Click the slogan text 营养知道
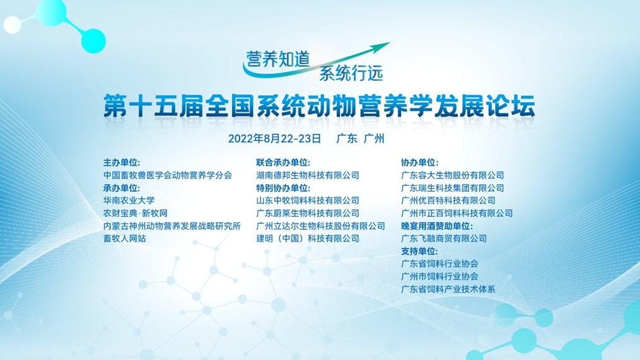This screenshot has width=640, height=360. point(277,60)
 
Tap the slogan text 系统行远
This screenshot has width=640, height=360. point(351,73)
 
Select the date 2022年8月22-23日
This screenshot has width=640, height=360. point(275,139)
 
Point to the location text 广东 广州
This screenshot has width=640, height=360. point(361,139)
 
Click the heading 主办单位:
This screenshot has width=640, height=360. point(122,163)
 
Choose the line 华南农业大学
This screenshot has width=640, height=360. point(129,200)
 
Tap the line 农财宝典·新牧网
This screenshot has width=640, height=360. point(136,213)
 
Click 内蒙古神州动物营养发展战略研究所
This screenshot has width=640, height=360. point(172,226)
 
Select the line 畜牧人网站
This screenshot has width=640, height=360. point(124,238)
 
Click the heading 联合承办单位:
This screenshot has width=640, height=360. point(283,163)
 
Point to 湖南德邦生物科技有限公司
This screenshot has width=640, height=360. point(308,175)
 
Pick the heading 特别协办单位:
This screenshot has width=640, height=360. point(283,188)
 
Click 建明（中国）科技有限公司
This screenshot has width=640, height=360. point(308,238)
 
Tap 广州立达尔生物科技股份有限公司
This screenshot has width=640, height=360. point(321,226)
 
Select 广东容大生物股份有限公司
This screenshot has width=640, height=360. point(453,175)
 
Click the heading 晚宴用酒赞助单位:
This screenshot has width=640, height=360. point(437,226)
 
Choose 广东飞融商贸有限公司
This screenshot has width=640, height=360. point(444,238)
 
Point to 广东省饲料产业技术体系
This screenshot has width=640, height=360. point(448,289)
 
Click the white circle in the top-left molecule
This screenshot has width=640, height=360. point(12,25)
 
